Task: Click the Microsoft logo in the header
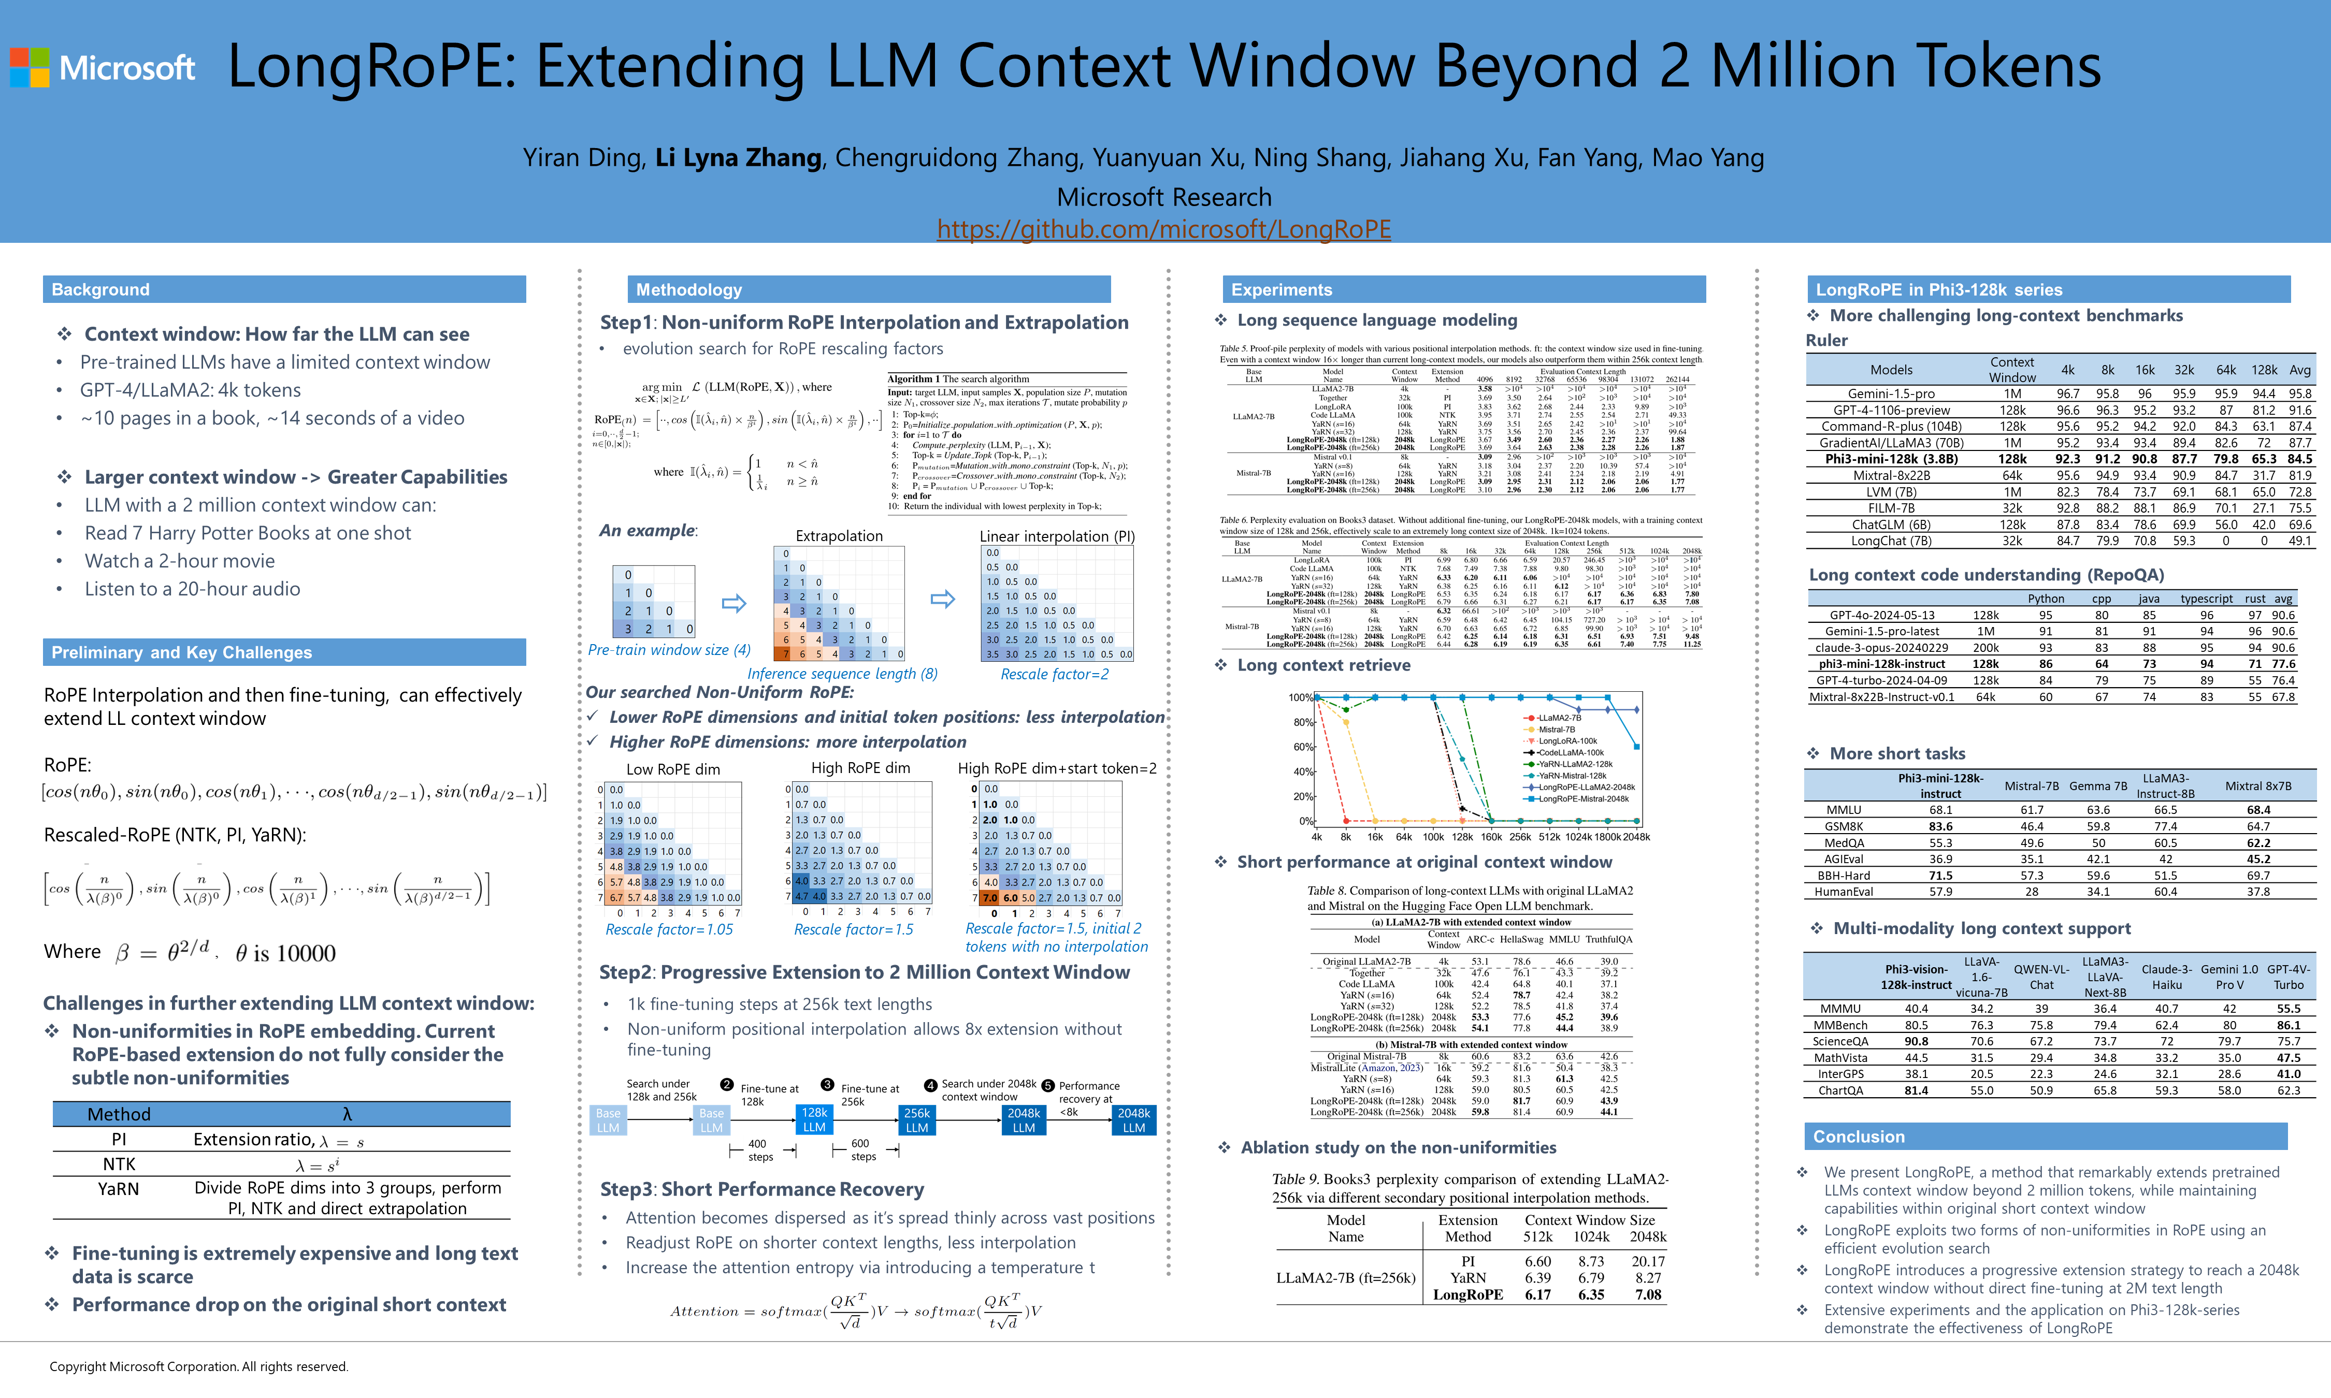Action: pos(102,68)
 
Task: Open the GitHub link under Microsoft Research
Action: pos(1163,229)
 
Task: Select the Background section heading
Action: pos(101,289)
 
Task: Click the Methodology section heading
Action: pos(689,289)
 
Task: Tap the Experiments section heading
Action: pos(1282,289)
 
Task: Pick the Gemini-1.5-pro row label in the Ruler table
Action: pos(1891,394)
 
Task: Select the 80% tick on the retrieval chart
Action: pos(1302,722)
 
